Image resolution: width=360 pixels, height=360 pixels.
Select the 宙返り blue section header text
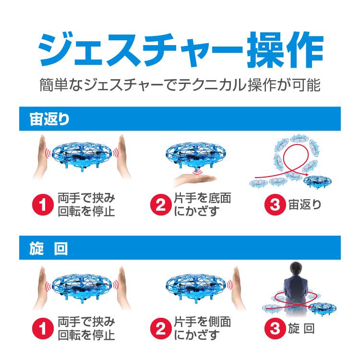click(x=46, y=119)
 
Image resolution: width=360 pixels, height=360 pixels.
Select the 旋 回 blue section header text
click(x=46, y=249)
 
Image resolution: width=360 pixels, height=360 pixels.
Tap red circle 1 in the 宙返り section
click(x=42, y=205)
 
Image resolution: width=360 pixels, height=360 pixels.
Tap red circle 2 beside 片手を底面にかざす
click(x=160, y=205)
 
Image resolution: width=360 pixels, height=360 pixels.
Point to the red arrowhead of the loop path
click(x=306, y=173)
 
